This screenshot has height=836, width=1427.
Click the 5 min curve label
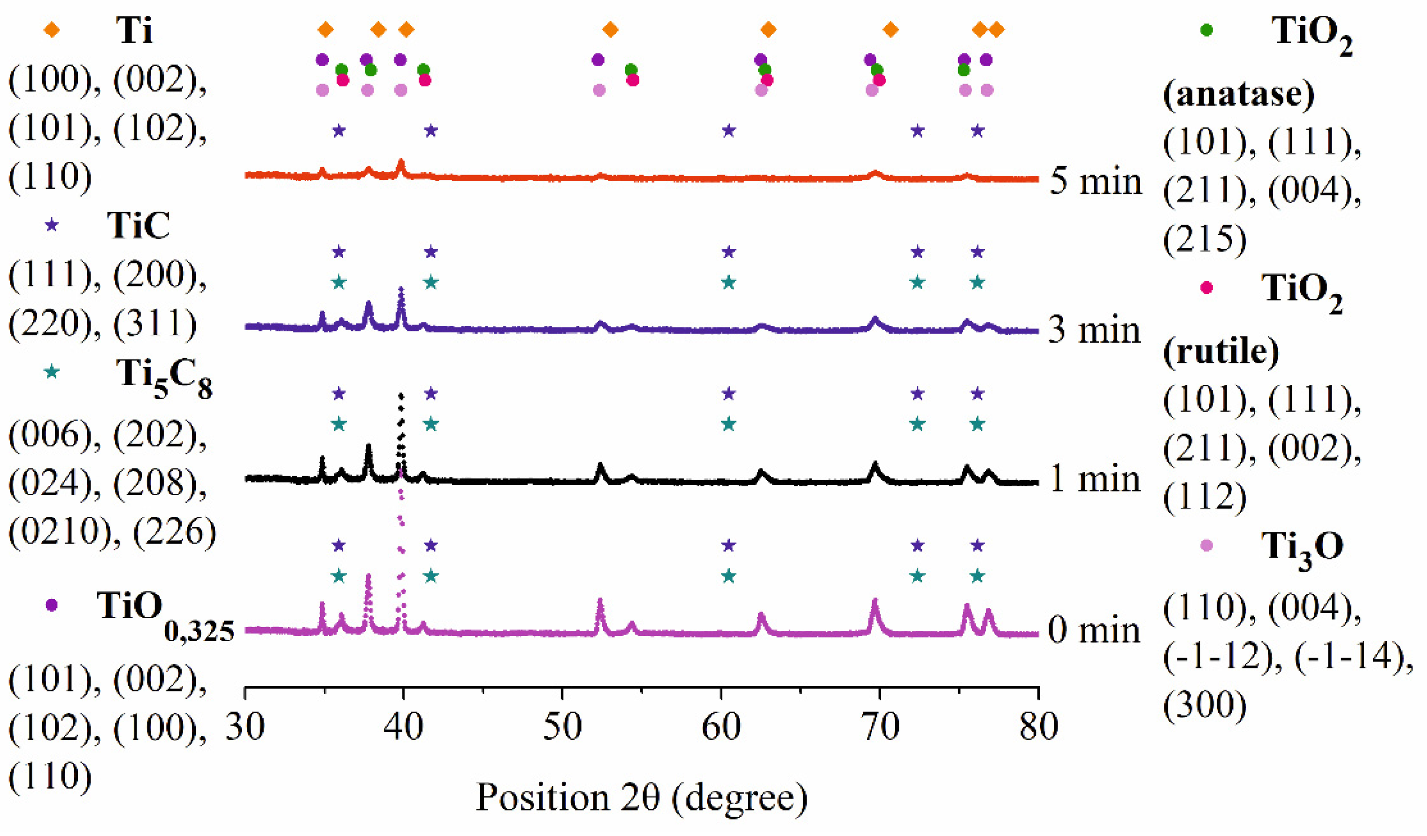1095,181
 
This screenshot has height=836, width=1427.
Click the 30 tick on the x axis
245,727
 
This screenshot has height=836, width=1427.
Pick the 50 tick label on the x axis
562,727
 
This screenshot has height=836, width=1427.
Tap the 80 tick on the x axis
1038,727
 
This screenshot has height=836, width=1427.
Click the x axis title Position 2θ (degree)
641,798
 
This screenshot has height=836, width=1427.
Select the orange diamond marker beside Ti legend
52,30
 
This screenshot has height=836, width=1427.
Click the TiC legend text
138,225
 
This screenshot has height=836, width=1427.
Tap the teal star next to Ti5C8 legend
52,372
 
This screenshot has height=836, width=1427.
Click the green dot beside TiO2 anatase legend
1206,30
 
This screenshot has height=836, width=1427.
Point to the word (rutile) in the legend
1220,353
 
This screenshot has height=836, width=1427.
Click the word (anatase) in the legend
1238,94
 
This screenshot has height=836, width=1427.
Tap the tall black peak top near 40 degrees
401,395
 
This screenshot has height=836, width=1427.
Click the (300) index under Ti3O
1205,705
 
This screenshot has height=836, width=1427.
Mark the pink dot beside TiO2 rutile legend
1206,288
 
